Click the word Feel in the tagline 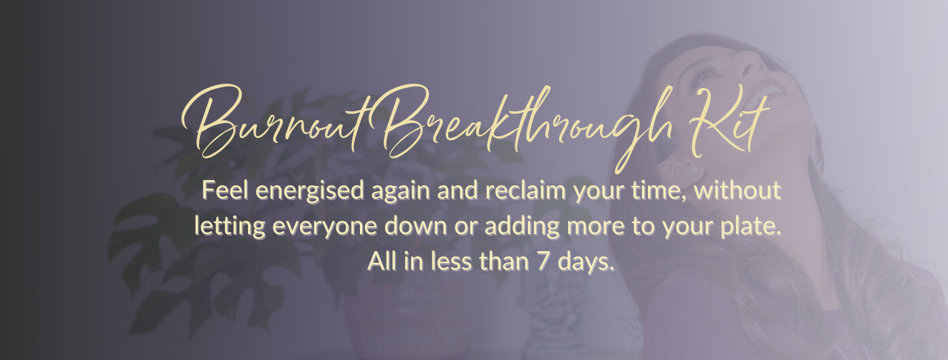click(x=226, y=190)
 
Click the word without click(x=738, y=190)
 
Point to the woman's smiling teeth click(x=767, y=96)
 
